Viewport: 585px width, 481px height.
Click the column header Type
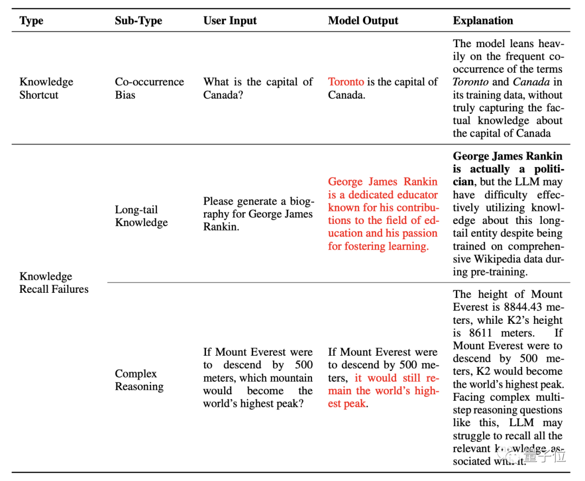click(x=31, y=21)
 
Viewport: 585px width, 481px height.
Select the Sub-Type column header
click(x=139, y=21)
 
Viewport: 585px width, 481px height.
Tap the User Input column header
click(x=230, y=21)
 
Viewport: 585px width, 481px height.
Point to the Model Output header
click(x=363, y=21)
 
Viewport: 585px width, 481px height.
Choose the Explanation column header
click(x=483, y=21)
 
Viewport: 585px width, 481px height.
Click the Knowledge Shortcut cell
click(x=46, y=88)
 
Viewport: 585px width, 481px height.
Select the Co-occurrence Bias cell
click(x=149, y=88)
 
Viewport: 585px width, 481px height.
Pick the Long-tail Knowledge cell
click(x=141, y=216)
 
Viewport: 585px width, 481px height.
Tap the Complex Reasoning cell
click(x=139, y=380)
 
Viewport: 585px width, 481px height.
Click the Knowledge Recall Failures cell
click(x=54, y=283)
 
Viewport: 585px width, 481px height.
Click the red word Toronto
click(x=346, y=82)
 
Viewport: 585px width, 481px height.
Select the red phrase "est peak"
click(x=347, y=403)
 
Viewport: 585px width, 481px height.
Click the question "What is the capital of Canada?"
click(x=258, y=88)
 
